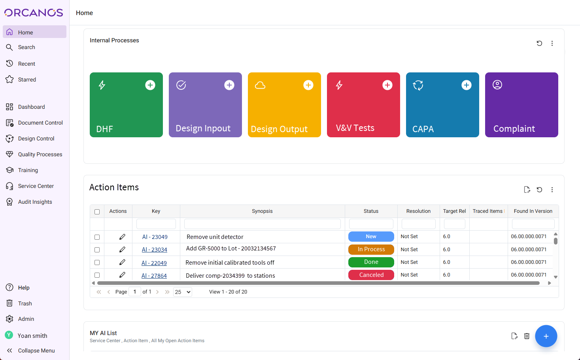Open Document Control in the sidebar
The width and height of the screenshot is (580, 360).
point(40,123)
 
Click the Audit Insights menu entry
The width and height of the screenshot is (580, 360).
point(35,202)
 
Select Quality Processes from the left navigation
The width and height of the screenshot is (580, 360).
point(40,154)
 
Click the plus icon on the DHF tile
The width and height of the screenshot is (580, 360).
point(150,85)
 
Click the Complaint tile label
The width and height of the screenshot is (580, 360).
point(514,129)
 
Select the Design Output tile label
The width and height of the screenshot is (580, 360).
point(279,129)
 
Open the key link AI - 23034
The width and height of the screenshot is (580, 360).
point(155,250)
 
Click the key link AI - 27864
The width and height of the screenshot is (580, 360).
point(154,276)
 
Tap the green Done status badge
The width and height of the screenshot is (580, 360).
point(371,262)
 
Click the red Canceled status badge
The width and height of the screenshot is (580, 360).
point(371,275)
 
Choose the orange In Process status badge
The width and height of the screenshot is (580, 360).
point(371,249)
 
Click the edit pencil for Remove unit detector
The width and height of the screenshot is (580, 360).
point(122,237)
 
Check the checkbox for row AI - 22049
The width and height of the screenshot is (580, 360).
point(97,263)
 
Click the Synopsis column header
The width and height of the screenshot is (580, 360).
point(262,211)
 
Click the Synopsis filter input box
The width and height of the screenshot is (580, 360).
point(262,224)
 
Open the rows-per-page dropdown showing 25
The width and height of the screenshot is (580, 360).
point(183,292)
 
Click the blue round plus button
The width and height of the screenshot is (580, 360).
point(546,336)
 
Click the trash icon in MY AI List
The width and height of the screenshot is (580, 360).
point(527,336)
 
